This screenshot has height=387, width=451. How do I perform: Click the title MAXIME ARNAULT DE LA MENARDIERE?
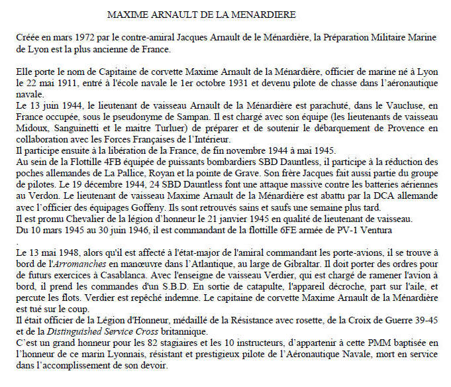pyautogui.click(x=202, y=14)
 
